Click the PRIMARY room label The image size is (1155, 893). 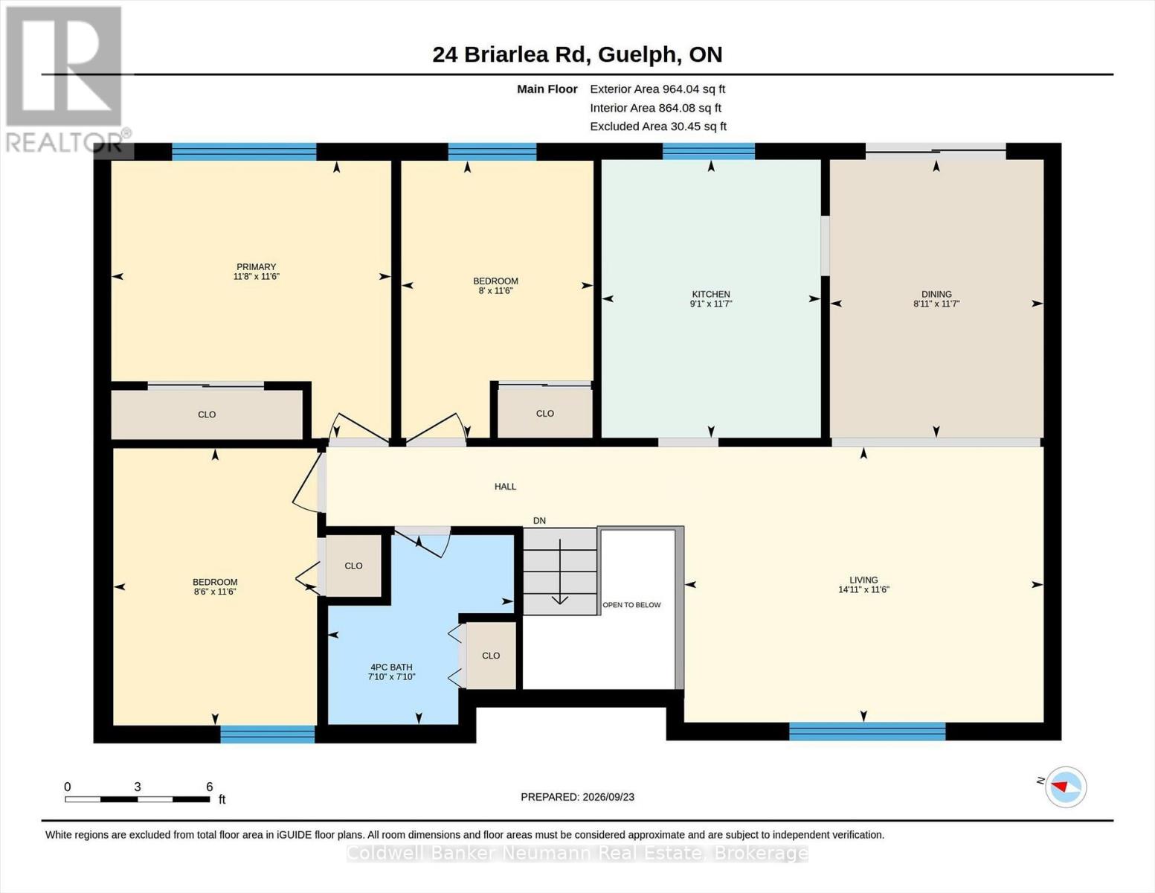point(256,266)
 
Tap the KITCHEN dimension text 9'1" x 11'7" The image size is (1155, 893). point(711,304)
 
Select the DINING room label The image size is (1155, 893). point(936,294)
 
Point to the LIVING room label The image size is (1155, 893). point(863,580)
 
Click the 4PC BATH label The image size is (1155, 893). point(391,667)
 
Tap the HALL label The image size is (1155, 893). point(505,486)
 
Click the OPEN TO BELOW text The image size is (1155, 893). point(631,605)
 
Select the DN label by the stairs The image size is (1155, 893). point(539,521)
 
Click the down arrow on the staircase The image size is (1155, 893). point(560,572)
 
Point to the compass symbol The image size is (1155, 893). point(1066,787)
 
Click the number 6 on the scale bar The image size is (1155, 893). point(210,787)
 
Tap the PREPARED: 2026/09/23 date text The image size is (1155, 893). point(577,797)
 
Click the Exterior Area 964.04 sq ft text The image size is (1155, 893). point(657,89)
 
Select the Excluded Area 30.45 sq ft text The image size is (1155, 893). point(658,126)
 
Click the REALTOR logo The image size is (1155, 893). point(64,80)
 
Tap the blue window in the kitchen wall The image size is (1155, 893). point(709,151)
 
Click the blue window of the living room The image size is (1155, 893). point(867,731)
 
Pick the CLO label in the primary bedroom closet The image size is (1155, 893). point(207,415)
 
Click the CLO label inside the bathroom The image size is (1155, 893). point(491,656)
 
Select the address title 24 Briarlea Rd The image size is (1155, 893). point(509,55)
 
